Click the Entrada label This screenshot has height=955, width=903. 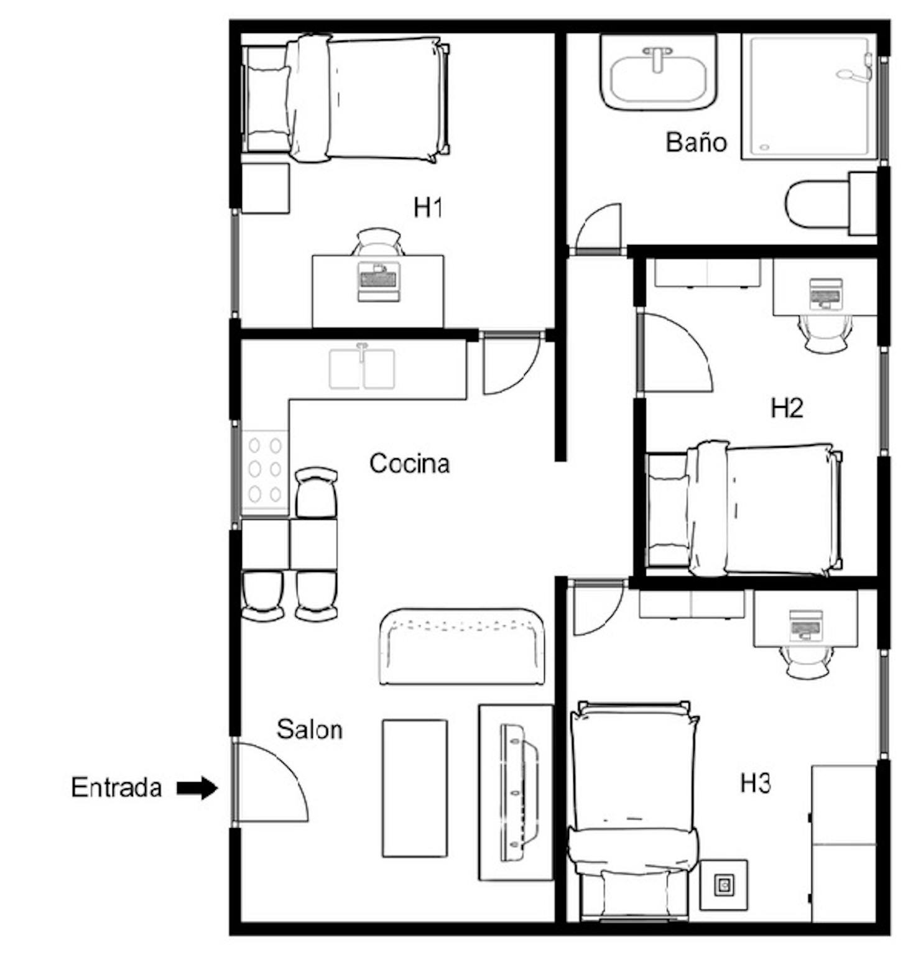pyautogui.click(x=116, y=788)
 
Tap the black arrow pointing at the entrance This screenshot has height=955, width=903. pyautogui.click(x=197, y=788)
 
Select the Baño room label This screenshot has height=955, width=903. pyautogui.click(x=696, y=142)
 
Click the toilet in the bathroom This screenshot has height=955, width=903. pyautogui.click(x=831, y=203)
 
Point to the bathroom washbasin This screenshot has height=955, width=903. pyautogui.click(x=659, y=72)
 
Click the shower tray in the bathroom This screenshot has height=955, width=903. pyautogui.click(x=809, y=97)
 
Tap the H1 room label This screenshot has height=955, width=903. pyautogui.click(x=428, y=207)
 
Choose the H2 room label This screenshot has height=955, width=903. pyautogui.click(x=787, y=408)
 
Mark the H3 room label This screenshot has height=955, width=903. pyautogui.click(x=756, y=783)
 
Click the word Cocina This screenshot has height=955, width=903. pyautogui.click(x=409, y=463)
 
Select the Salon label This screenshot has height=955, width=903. pyautogui.click(x=309, y=729)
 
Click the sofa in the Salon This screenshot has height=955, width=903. pyautogui.click(x=461, y=647)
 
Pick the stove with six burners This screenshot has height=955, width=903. pyautogui.click(x=265, y=472)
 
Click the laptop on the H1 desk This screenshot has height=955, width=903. pyautogui.click(x=377, y=282)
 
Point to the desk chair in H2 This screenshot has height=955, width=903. pyautogui.click(x=825, y=333)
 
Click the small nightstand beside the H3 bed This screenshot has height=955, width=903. pyautogui.click(x=724, y=885)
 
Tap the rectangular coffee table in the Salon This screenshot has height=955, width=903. pyautogui.click(x=415, y=788)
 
